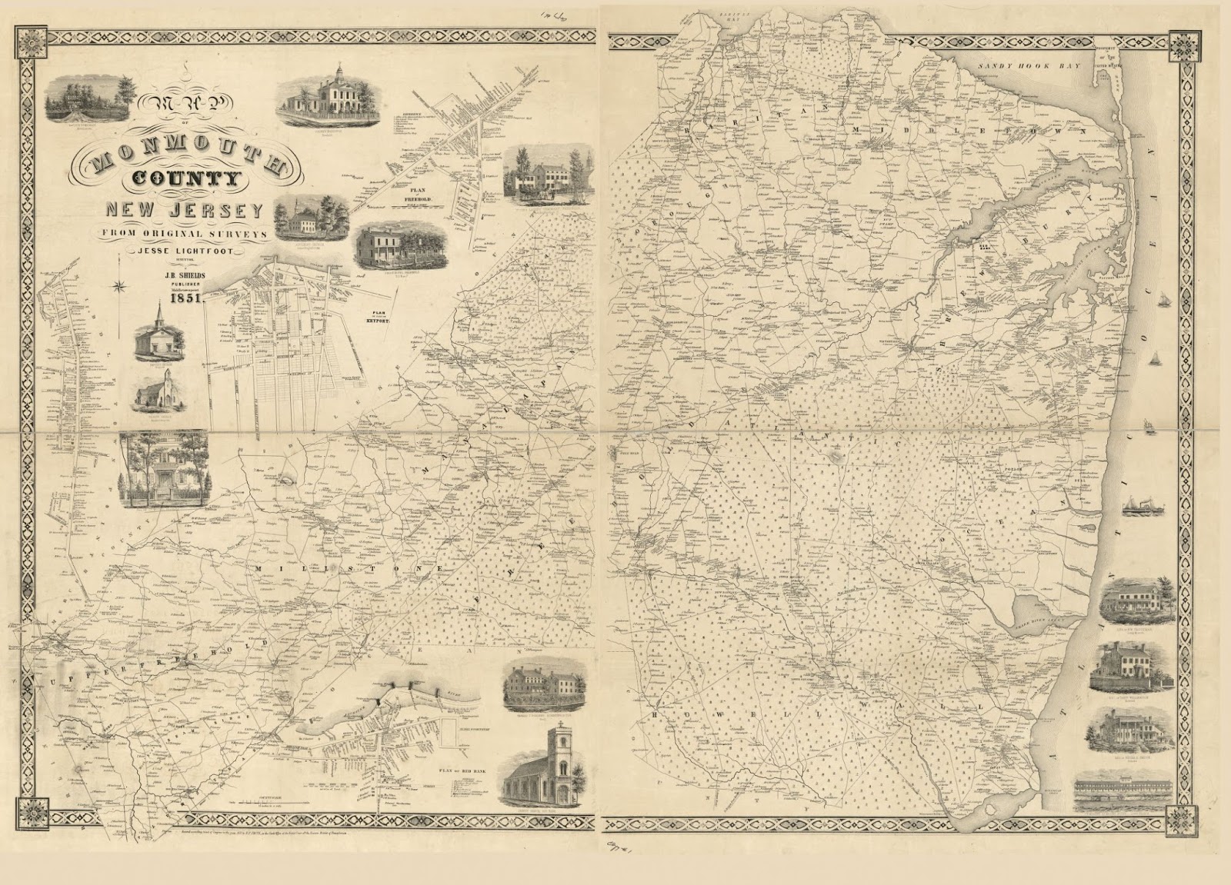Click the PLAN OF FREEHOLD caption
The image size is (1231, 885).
(x=405, y=198)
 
